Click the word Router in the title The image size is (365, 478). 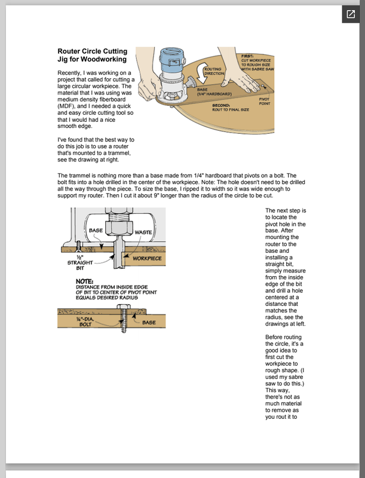[70, 51]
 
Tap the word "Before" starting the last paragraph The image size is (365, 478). [276, 338]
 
